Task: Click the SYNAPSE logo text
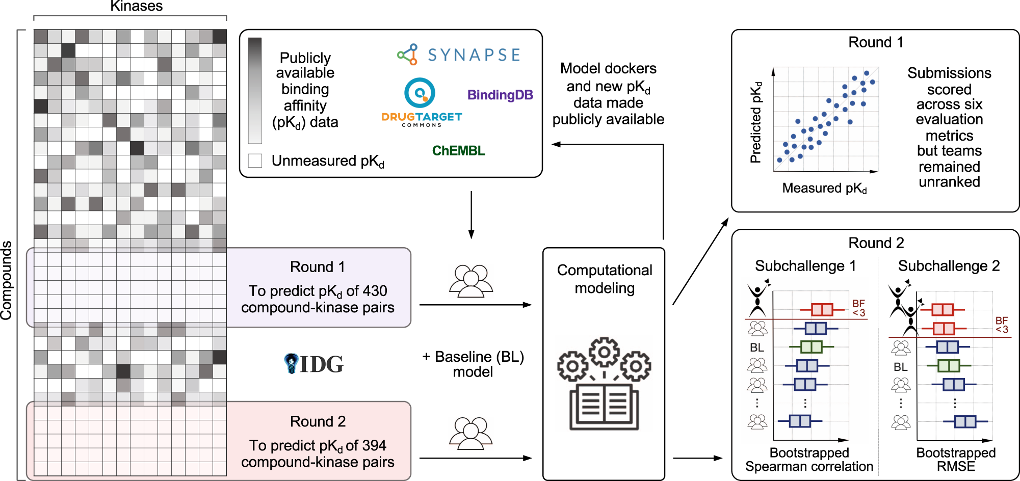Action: tap(473, 55)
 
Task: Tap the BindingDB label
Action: tap(500, 95)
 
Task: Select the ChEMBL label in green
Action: tap(458, 151)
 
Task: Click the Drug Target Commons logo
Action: tap(422, 102)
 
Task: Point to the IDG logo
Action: tap(313, 364)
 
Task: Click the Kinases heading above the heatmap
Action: tap(136, 6)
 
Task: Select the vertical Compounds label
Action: tap(7, 280)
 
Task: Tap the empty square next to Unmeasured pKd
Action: tap(255, 161)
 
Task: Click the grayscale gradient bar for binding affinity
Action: tap(255, 90)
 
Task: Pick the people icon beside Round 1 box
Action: tap(470, 281)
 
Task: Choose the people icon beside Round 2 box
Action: tap(470, 434)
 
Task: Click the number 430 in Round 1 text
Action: tap(375, 291)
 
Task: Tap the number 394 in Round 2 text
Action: tap(374, 445)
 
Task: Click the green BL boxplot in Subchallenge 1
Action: tap(811, 347)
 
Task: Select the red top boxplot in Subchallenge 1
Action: tap(821, 309)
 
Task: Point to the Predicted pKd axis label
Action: tap(756, 122)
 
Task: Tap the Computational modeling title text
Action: tap(604, 279)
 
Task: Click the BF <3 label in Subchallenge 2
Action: tap(1002, 325)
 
